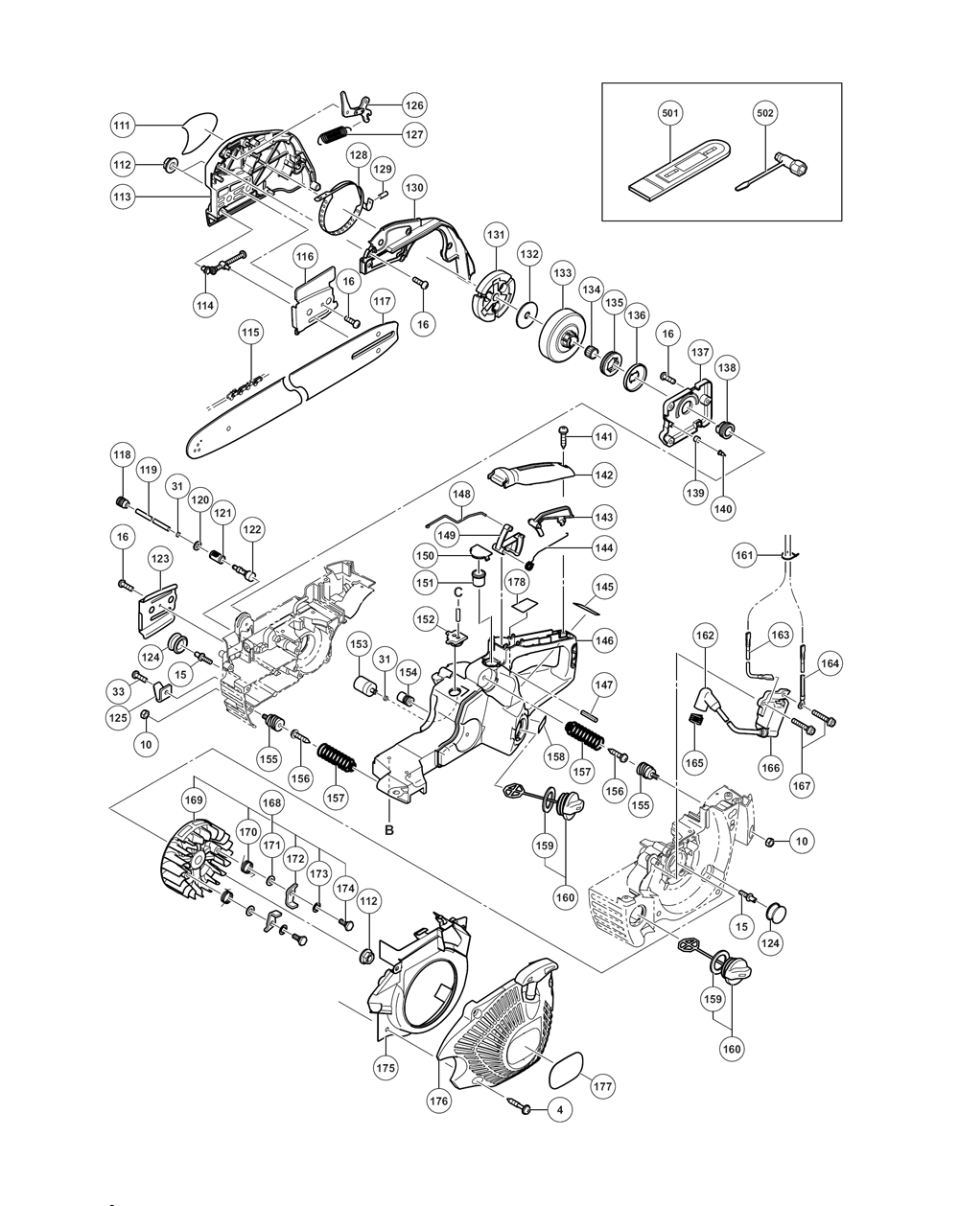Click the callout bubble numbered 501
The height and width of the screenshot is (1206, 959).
pos(670,113)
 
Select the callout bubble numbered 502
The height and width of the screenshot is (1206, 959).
pos(765,113)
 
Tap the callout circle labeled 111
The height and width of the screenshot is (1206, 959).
pos(122,126)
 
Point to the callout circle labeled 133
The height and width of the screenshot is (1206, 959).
pos(563,272)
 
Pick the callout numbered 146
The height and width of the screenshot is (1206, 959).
pos(604,640)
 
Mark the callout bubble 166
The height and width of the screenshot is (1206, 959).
pos(771,767)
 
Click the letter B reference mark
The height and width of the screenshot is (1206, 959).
pos(389,830)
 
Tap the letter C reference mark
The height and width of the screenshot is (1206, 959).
pos(458,591)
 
